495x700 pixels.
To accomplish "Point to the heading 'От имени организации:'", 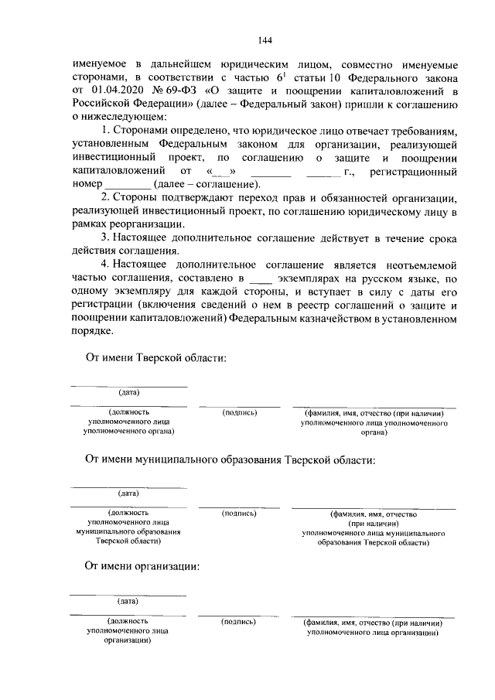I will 142,566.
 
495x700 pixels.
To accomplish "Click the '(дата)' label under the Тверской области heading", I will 128,393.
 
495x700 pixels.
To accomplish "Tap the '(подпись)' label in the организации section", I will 238,622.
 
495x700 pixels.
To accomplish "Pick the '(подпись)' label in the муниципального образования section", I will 239,513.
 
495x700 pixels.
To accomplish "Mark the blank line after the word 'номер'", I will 127,184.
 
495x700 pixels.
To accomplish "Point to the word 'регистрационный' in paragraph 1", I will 414,171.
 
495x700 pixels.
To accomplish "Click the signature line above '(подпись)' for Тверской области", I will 239,405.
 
